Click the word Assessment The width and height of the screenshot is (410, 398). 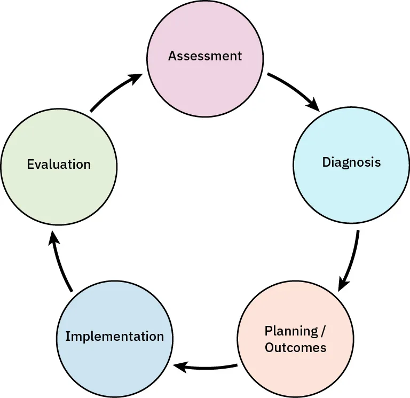tap(205, 56)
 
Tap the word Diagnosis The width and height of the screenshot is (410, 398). tap(351, 162)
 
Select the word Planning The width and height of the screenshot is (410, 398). tap(290, 331)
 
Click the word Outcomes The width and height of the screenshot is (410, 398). tap(295, 348)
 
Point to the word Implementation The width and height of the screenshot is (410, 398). tap(114, 337)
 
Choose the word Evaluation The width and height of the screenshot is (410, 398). tap(59, 164)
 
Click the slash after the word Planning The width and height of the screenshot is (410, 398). tap(322, 331)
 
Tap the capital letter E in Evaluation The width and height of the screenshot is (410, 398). tap(30, 164)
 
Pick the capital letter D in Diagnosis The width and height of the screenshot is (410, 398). tap(326, 162)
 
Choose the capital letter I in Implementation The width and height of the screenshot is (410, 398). tap(67, 337)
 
